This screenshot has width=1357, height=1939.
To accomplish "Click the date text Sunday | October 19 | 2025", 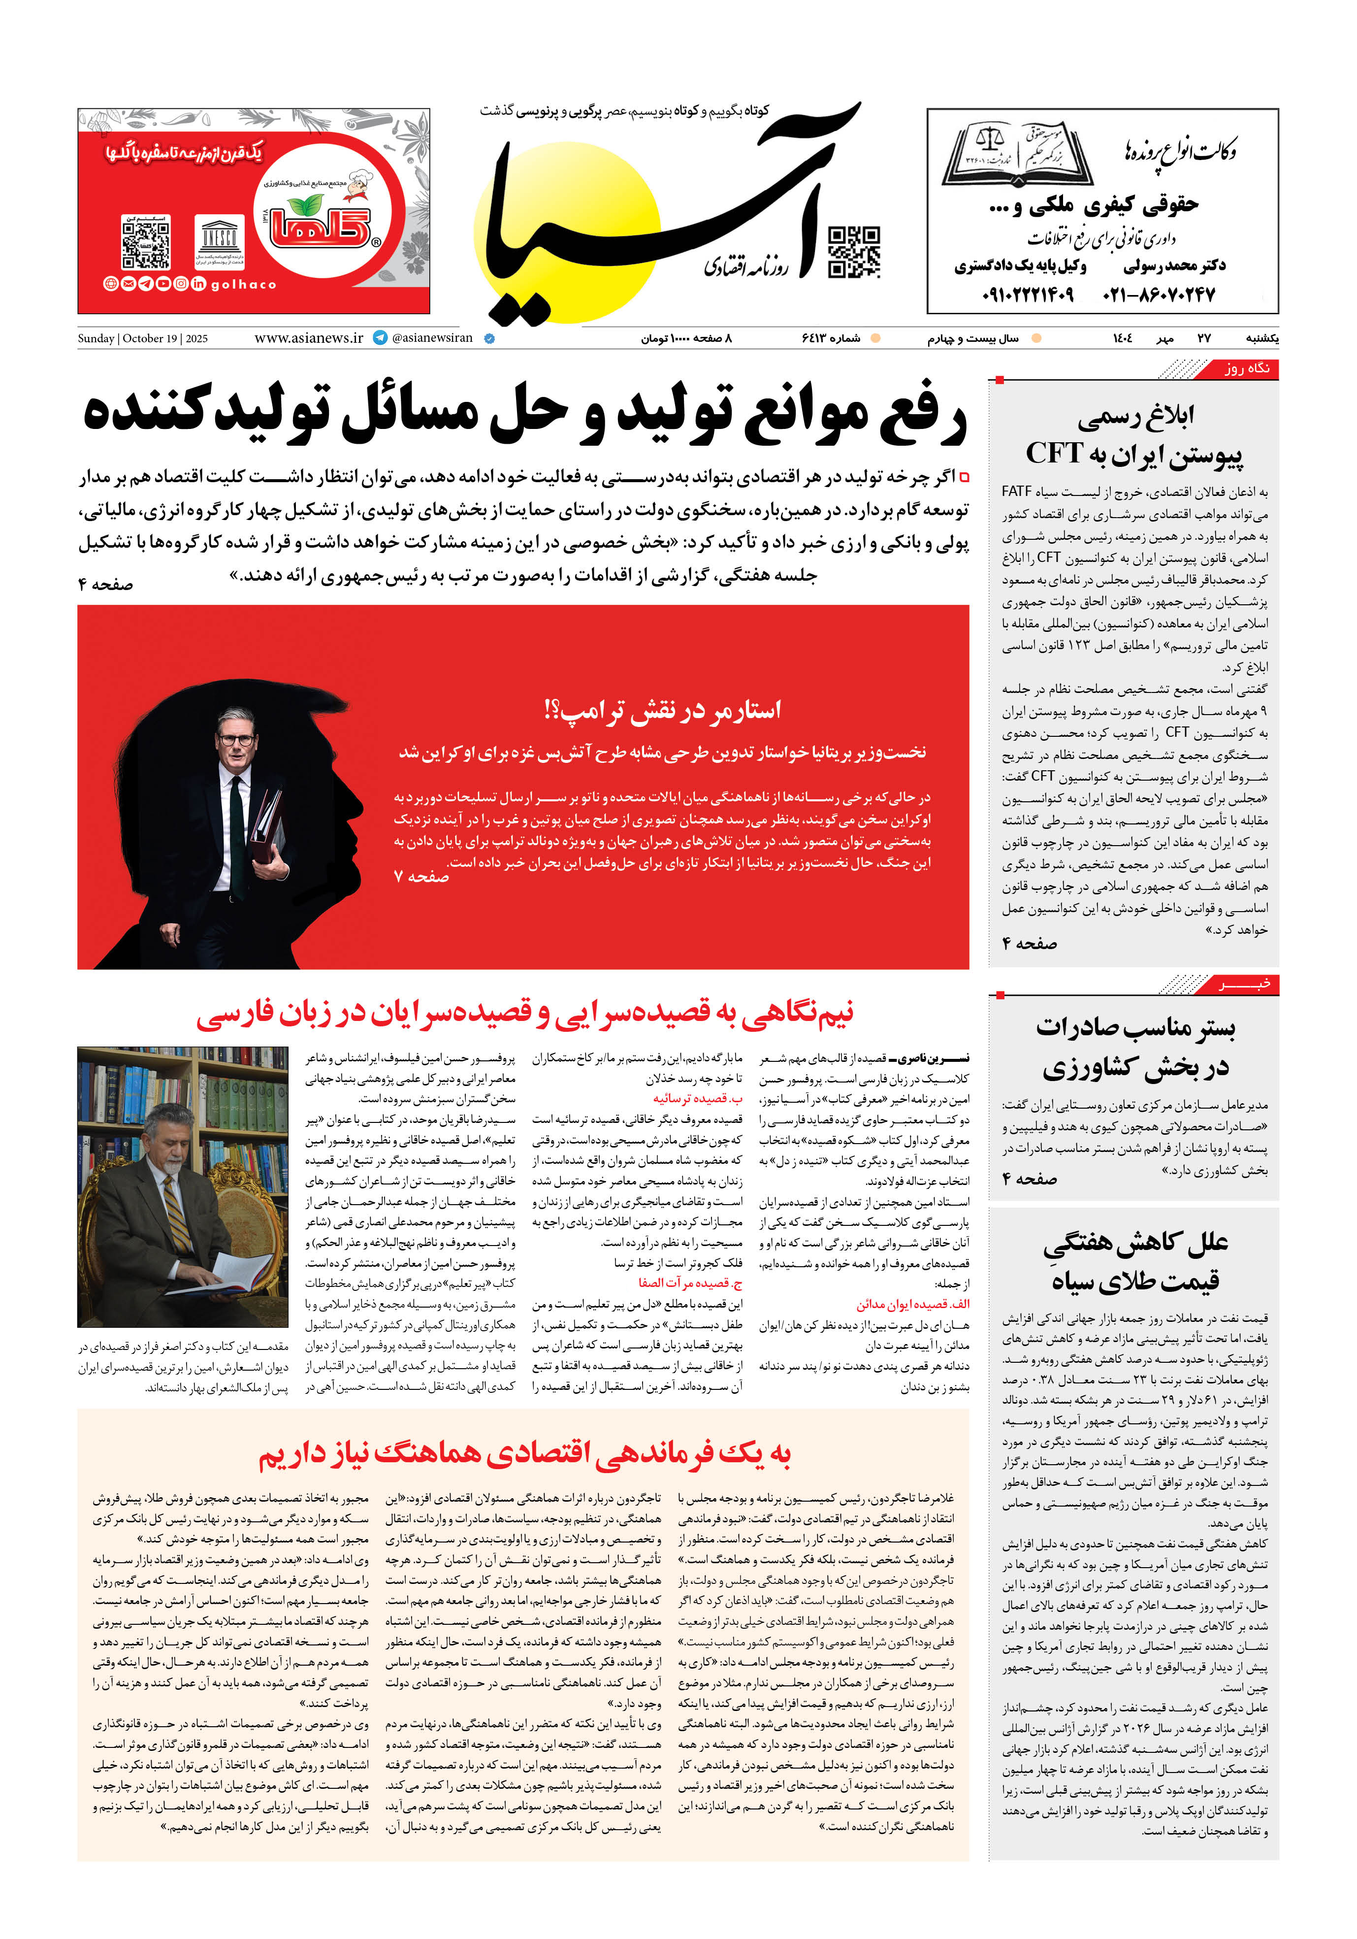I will [x=143, y=339].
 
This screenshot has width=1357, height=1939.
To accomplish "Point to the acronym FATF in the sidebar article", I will [x=1017, y=491].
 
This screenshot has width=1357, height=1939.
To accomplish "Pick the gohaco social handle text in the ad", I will [x=243, y=285].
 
